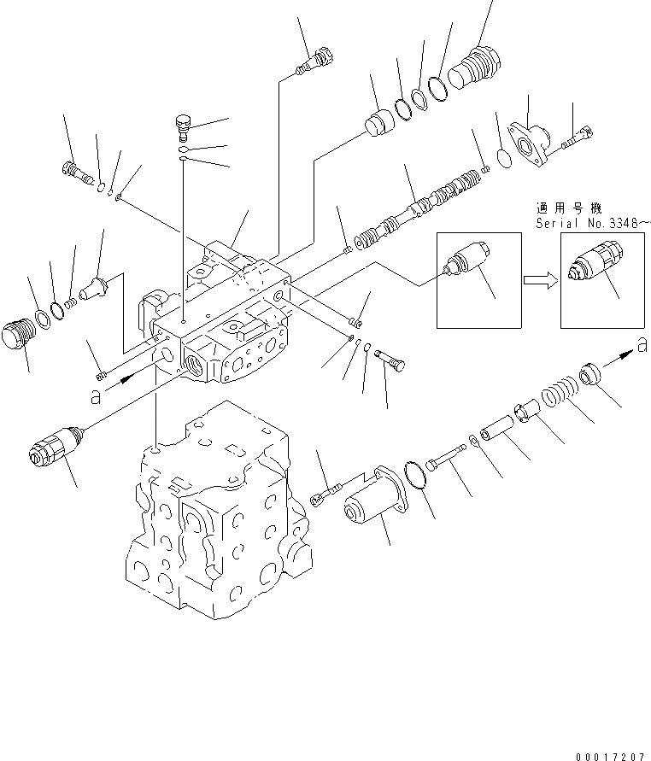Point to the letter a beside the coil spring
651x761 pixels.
[640, 345]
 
